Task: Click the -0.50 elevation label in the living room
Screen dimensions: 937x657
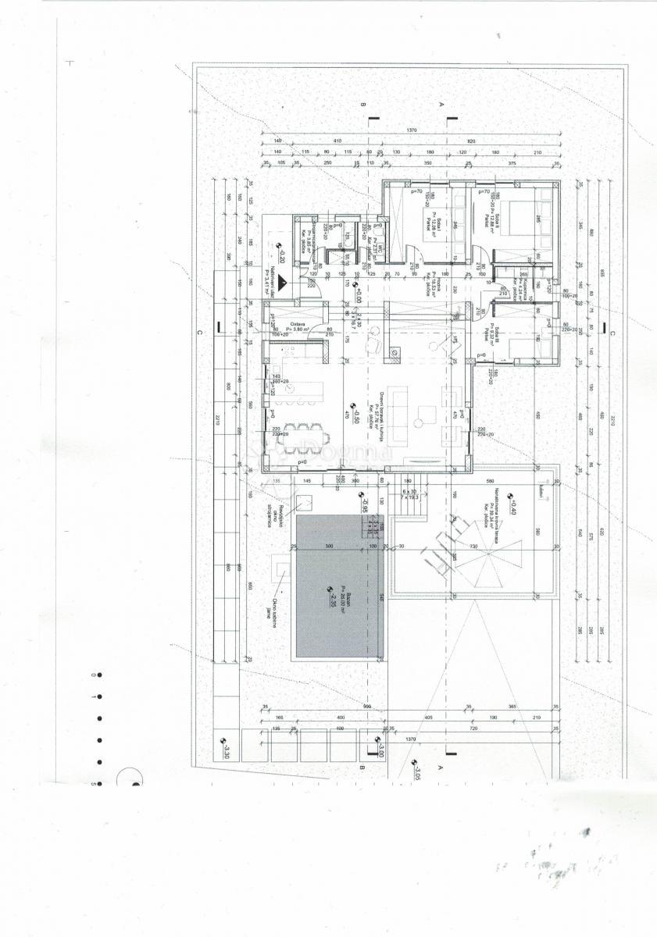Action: pos(356,412)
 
